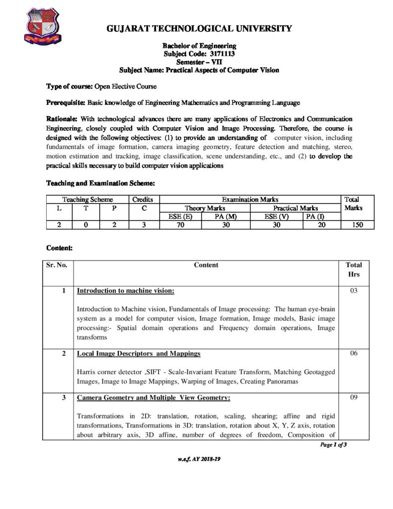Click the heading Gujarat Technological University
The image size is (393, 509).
(x=199, y=28)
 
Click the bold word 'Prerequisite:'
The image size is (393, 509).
(x=66, y=103)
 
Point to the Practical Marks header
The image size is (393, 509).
(x=296, y=208)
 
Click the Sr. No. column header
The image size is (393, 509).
(x=57, y=265)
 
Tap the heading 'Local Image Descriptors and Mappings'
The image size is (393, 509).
(x=139, y=353)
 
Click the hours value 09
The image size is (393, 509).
(x=354, y=398)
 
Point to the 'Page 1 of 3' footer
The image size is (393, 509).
(x=333, y=445)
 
